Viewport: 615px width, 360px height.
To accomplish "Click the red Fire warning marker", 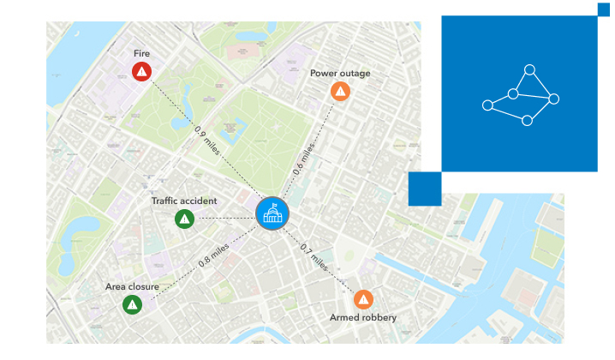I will (x=141, y=72).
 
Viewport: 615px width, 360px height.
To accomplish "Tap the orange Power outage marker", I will (x=341, y=92).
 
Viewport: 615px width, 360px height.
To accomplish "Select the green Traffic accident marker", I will (x=184, y=219).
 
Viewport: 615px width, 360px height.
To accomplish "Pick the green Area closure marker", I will (x=132, y=304).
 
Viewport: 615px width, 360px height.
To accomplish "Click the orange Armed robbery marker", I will (x=364, y=299).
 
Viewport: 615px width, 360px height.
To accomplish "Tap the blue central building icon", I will (x=272, y=213).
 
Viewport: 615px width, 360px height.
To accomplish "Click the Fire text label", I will (x=141, y=53).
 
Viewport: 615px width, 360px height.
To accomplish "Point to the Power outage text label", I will (x=340, y=73).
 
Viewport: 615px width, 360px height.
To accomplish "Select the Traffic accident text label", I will (x=184, y=201).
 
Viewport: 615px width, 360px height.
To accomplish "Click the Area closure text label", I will (x=132, y=285).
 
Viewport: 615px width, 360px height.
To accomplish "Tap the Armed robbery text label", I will (x=363, y=318).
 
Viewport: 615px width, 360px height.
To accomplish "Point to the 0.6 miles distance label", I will (x=303, y=157).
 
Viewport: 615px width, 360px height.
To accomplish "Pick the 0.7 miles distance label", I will (x=314, y=257).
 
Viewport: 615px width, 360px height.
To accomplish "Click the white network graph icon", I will (x=520, y=95).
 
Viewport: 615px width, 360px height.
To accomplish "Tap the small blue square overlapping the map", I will (x=425, y=189).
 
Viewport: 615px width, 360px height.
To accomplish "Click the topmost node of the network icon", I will (x=529, y=69).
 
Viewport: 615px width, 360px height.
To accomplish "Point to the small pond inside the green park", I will (x=229, y=134).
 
